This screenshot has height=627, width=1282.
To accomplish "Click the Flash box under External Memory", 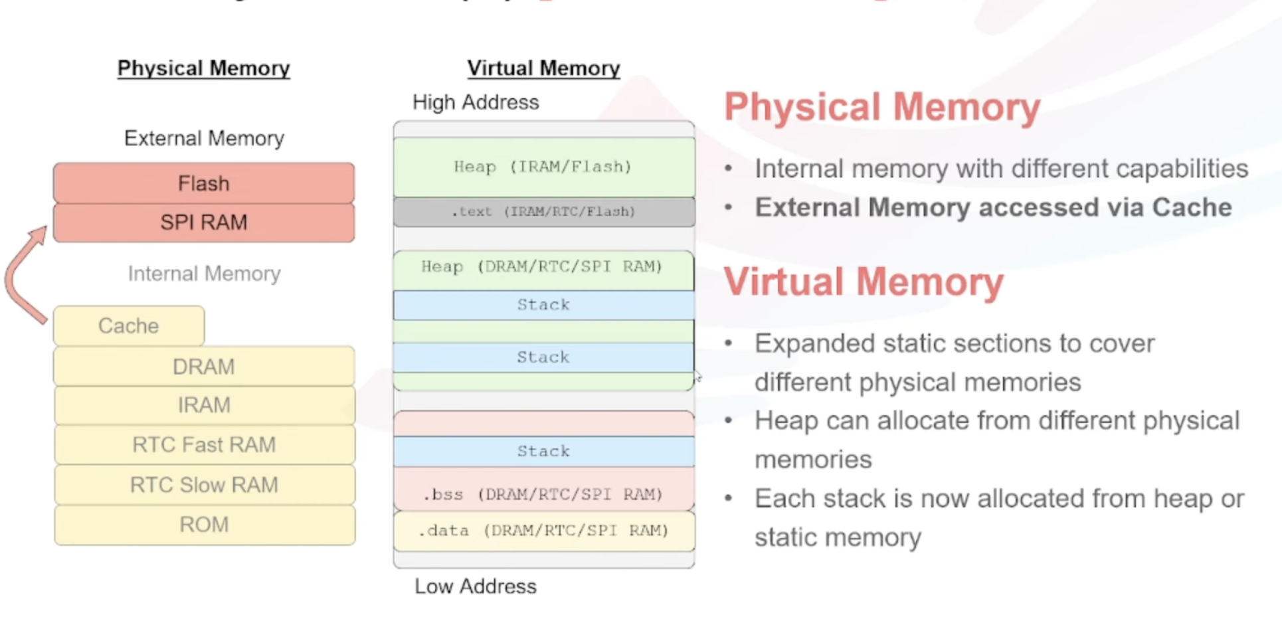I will pyautogui.click(x=204, y=183).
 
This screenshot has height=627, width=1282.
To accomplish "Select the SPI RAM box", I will pyautogui.click(x=204, y=223).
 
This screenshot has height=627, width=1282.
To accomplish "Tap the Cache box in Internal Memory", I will pyautogui.click(x=129, y=326).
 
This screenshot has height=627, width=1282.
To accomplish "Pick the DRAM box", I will pyautogui.click(x=204, y=367).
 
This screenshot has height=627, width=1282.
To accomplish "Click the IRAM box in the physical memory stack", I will pyautogui.click(x=204, y=405).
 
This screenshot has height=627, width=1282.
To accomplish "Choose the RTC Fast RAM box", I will pyautogui.click(x=204, y=445).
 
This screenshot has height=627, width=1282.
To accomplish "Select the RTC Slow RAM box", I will pyautogui.click(x=204, y=485).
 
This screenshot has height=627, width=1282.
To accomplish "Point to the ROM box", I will pyautogui.click(x=204, y=525).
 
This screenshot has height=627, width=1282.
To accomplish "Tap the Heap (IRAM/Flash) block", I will pyautogui.click(x=543, y=167).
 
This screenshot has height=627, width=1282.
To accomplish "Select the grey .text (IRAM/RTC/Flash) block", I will pyautogui.click(x=543, y=212).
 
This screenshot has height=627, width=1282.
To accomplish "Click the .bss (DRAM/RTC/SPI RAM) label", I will pyautogui.click(x=543, y=494).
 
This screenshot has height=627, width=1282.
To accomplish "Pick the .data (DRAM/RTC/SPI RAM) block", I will pyautogui.click(x=543, y=531).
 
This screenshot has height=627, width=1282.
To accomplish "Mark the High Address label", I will pyautogui.click(x=476, y=102).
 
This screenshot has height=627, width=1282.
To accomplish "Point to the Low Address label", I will pyautogui.click(x=476, y=586).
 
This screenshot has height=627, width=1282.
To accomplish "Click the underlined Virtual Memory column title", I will pyautogui.click(x=543, y=68).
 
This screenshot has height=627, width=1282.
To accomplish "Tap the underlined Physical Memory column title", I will pyautogui.click(x=204, y=68).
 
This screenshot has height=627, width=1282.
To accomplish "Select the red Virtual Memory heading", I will pyautogui.click(x=864, y=282).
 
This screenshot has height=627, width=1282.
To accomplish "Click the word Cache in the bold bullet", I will pyautogui.click(x=1192, y=208).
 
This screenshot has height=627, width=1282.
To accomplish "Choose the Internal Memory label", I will pyautogui.click(x=204, y=274).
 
